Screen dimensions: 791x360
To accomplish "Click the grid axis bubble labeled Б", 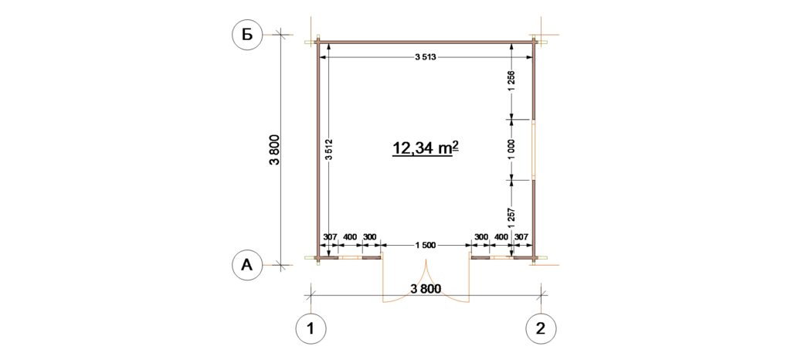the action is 246,35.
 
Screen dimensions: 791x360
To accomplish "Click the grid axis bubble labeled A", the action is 246,265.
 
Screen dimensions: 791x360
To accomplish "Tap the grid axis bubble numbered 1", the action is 311,329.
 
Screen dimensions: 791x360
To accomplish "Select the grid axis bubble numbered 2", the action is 541,329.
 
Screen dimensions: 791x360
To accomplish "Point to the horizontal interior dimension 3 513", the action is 425,58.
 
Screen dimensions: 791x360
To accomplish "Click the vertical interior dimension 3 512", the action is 328,149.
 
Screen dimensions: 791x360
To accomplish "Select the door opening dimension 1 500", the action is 426,245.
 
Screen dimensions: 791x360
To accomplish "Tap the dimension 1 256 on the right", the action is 511,81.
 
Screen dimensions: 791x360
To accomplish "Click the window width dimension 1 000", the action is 511,150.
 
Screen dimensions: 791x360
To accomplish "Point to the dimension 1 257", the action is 511,219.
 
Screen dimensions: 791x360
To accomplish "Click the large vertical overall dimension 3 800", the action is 274,150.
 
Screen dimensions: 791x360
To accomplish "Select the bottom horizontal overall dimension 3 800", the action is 426,289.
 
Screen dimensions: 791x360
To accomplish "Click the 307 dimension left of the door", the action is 329,236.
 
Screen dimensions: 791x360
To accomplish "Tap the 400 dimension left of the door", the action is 350,236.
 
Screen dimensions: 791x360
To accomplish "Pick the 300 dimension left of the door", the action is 370,236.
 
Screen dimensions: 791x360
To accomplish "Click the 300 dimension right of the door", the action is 481,236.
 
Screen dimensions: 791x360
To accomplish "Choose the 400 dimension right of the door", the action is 501,236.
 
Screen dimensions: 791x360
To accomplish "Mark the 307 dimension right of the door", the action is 521,236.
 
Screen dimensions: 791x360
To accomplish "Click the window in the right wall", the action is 534,150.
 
